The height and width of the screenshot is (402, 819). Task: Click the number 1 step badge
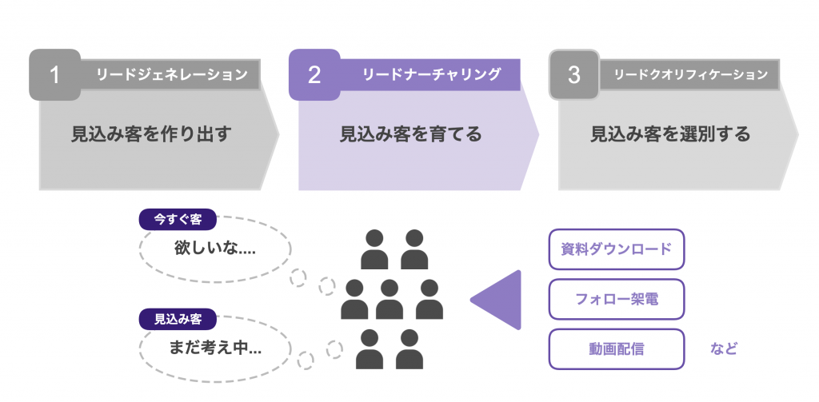[54, 75]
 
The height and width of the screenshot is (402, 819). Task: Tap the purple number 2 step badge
[314, 75]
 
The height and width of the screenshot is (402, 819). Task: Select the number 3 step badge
[573, 75]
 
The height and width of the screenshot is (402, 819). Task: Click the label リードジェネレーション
[171, 75]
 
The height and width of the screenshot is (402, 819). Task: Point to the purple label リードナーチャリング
[431, 74]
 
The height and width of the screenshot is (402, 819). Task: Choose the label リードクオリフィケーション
[690, 75]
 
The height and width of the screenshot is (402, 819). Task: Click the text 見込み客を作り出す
[151, 134]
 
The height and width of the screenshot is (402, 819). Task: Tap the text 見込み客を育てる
[411, 134]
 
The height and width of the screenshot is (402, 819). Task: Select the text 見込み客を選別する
[670, 134]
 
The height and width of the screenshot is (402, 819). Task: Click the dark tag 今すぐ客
[177, 219]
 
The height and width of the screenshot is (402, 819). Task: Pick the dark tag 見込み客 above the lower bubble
[177, 319]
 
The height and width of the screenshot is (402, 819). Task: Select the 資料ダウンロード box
[617, 249]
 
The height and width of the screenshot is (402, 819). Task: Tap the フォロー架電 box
[617, 299]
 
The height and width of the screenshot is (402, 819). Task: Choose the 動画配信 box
[617, 348]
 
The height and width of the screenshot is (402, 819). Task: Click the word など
[723, 349]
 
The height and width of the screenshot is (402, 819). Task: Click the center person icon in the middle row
[390, 300]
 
